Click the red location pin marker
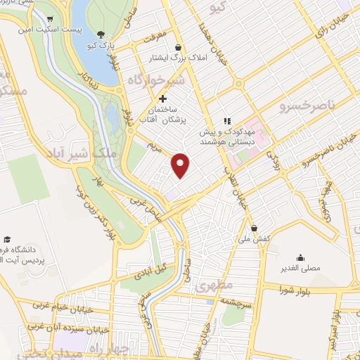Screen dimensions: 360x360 (181, 166)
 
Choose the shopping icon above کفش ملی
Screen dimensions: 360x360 (254, 229)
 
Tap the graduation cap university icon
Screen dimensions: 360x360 (6, 239)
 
